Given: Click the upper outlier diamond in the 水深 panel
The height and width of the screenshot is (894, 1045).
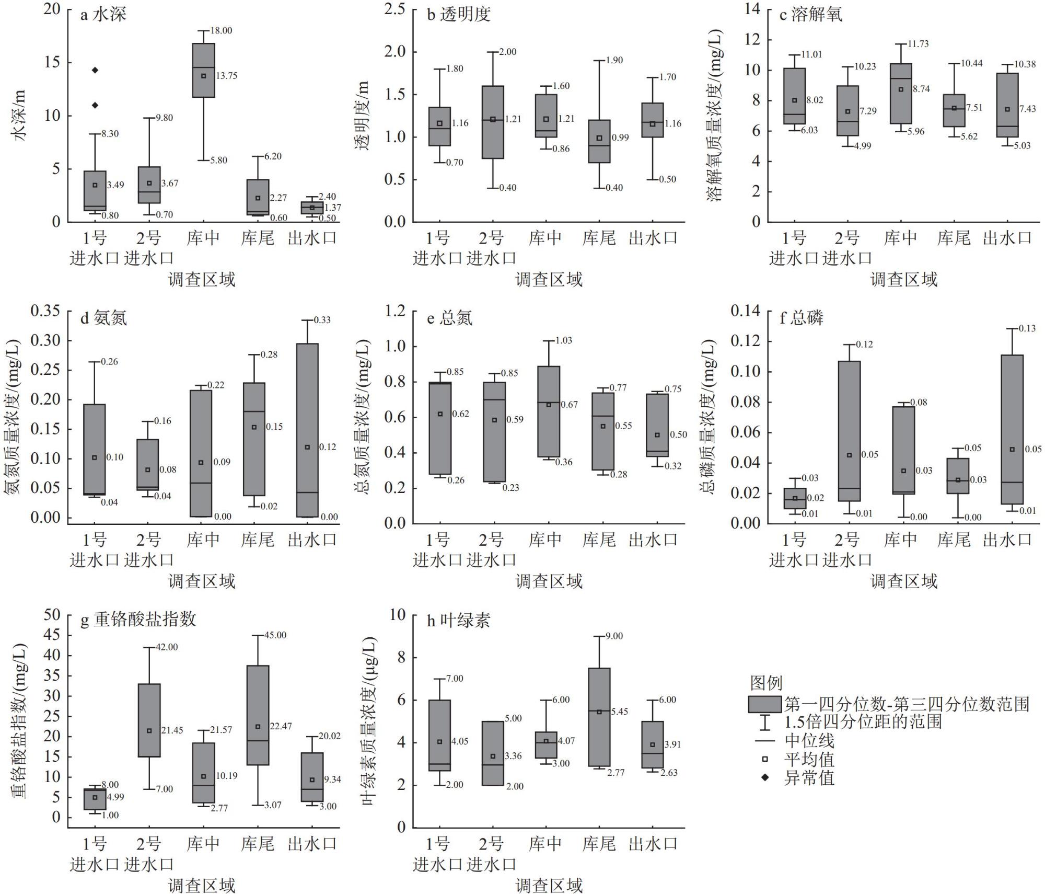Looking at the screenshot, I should pyautogui.click(x=95, y=70).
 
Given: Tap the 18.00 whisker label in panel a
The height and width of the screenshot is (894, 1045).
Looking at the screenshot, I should pyautogui.click(x=222, y=31).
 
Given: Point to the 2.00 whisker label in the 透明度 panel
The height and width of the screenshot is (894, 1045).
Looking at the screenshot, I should pyautogui.click(x=507, y=52).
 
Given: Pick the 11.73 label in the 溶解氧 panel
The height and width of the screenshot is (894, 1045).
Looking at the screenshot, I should pyautogui.click(x=918, y=44).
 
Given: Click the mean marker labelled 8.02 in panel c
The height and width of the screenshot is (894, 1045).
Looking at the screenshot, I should pyautogui.click(x=794, y=100).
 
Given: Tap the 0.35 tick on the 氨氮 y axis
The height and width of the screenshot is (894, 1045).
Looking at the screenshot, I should pyautogui.click(x=45, y=311).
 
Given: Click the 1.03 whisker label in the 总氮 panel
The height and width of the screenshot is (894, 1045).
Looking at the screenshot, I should pyautogui.click(x=563, y=341).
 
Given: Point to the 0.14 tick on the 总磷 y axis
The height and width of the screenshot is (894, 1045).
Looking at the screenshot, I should pyautogui.click(x=745, y=311).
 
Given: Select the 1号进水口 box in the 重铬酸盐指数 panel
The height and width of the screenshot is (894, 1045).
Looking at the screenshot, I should pyautogui.click(x=95, y=799).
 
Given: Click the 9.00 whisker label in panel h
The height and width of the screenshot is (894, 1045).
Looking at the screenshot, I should pyautogui.click(x=614, y=636).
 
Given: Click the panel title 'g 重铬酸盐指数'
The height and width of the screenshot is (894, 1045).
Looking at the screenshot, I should pyautogui.click(x=138, y=620).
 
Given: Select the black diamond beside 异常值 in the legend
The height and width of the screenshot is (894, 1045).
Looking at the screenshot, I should pyautogui.click(x=765, y=777).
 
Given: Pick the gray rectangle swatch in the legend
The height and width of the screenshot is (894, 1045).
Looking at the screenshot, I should pyautogui.click(x=765, y=704).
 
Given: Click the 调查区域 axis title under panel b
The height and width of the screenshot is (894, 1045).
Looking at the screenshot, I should pyautogui.click(x=549, y=280).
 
